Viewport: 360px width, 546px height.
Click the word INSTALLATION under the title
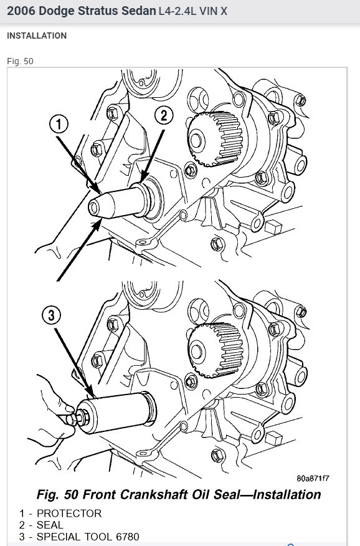click(x=37, y=36)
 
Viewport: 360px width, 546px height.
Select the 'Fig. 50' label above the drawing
click(x=20, y=61)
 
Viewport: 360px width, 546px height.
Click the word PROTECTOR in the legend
click(x=70, y=514)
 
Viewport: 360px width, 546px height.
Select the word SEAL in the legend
click(x=50, y=525)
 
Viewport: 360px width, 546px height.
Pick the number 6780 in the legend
click(x=125, y=537)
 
